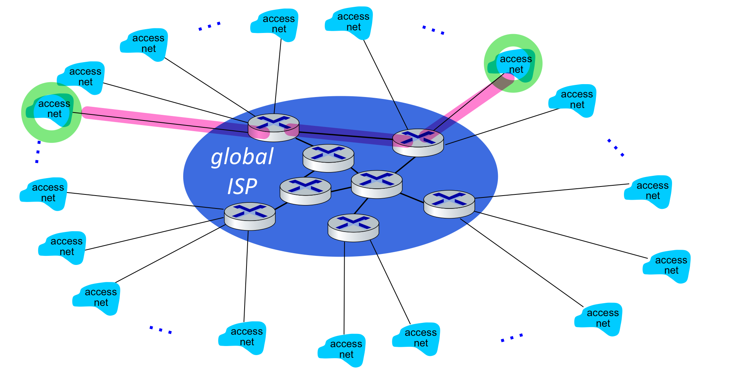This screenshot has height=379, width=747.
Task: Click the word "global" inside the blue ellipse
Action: (242, 157)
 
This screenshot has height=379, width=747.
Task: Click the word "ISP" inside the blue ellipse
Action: (242, 186)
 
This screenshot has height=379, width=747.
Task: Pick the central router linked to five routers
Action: (377, 184)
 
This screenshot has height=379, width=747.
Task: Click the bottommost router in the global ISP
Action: (353, 227)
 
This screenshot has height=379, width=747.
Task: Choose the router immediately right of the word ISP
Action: (305, 191)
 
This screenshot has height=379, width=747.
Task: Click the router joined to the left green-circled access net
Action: (273, 128)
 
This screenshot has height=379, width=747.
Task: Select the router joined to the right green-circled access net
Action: (418, 143)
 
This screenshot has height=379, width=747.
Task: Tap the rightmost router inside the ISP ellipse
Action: (449, 204)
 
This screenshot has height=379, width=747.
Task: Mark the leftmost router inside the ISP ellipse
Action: (250, 216)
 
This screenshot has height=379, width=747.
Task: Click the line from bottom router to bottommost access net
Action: (344, 288)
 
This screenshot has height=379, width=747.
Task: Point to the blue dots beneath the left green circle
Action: (38, 152)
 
